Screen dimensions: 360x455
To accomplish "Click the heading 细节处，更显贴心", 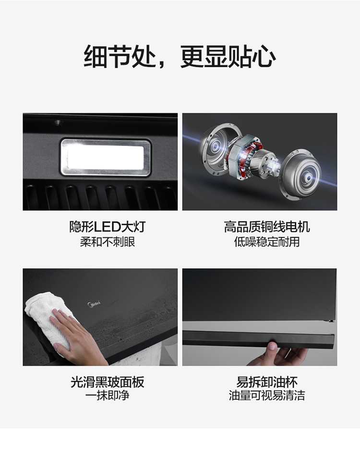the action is click(180, 56).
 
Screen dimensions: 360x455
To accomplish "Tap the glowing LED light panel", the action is click(105, 157).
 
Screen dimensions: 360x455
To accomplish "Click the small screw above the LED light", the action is click(58, 122).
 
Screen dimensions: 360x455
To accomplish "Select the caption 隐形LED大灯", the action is click(108, 227).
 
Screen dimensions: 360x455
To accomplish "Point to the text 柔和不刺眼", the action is click(108, 242).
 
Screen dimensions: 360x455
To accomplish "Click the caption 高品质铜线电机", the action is click(267, 227).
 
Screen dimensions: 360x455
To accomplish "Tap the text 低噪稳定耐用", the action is click(267, 242).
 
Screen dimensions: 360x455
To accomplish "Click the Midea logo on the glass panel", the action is click(94, 304).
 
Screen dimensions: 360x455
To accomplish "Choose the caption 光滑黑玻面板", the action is click(108, 382).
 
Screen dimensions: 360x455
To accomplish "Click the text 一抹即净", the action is click(108, 395).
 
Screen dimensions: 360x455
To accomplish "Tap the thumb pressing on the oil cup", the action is click(272, 346).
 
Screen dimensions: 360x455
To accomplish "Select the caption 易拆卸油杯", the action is click(267, 382).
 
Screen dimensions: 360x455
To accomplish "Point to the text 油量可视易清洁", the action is click(267, 395).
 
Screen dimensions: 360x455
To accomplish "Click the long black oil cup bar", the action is click(258, 339).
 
